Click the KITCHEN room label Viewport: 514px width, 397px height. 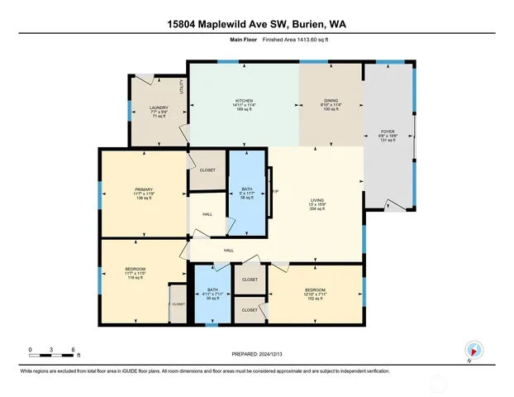242,101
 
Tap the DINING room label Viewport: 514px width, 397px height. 331,101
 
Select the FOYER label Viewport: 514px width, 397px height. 388,131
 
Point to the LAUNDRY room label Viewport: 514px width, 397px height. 159,108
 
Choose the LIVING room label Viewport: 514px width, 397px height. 316,199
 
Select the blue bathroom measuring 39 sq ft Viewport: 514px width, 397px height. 213,293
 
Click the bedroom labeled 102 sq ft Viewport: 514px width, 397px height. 316,292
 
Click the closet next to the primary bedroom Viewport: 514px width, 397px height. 207,170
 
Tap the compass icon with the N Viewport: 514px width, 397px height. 474,350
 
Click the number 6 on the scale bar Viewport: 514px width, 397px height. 74,350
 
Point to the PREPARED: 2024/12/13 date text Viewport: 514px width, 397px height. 256,355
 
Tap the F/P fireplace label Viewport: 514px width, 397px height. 274,192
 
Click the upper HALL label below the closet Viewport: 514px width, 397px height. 207,214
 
